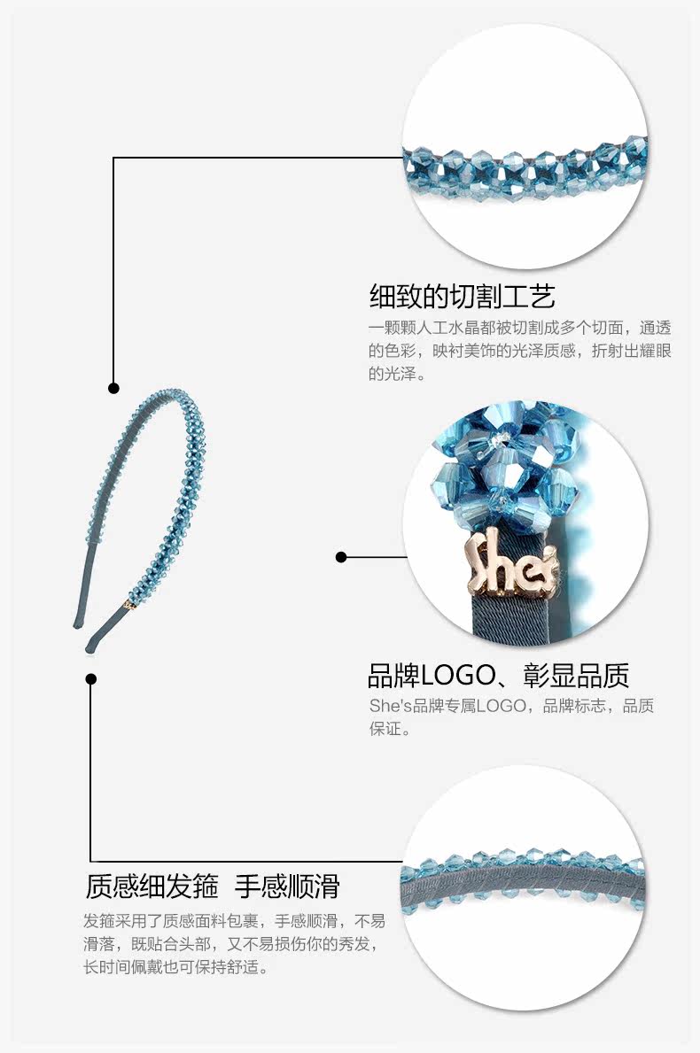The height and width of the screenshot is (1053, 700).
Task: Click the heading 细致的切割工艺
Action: pyautogui.click(x=462, y=295)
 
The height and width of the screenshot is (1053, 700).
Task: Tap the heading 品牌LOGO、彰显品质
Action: pyautogui.click(x=498, y=676)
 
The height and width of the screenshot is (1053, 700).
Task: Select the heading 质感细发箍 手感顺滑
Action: pyautogui.click(x=213, y=886)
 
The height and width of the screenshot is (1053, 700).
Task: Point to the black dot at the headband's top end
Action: pyautogui.click(x=113, y=388)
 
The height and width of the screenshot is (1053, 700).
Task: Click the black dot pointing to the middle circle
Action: pyautogui.click(x=341, y=557)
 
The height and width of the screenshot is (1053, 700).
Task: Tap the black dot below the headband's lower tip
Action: pyautogui.click(x=90, y=679)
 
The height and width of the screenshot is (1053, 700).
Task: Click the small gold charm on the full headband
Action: pyautogui.click(x=130, y=606)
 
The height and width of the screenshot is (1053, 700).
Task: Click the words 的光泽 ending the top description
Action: pyautogui.click(x=392, y=374)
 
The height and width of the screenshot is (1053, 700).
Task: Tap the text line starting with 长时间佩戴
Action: pyautogui.click(x=175, y=967)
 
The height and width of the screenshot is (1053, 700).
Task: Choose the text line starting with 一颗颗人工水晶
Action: pyautogui.click(x=519, y=326)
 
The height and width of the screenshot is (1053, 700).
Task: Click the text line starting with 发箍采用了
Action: pyautogui.click(x=234, y=919)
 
